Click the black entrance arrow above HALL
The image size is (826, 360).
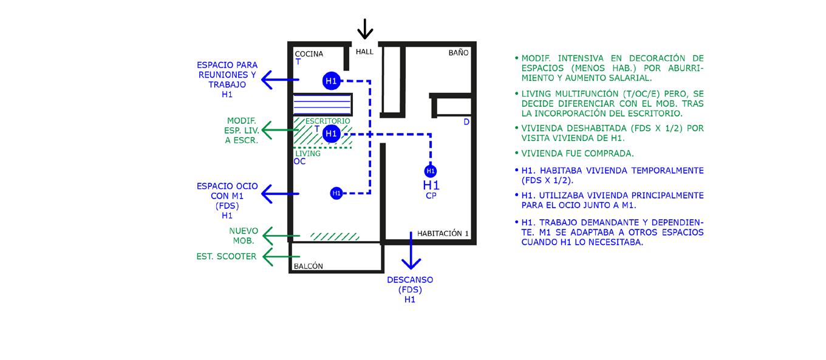[x=364, y=29]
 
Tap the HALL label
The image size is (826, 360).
[x=364, y=52]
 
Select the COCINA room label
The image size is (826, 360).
[x=309, y=54]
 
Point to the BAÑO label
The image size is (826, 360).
[x=459, y=53]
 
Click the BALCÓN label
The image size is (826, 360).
[x=309, y=266]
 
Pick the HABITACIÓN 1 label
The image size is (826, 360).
[x=443, y=233]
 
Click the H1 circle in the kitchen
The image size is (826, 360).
[x=331, y=81]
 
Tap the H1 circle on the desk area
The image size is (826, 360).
[x=331, y=134]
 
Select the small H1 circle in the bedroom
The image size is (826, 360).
[x=431, y=171]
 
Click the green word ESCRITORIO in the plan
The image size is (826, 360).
[x=327, y=121]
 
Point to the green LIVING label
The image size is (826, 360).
[x=308, y=154]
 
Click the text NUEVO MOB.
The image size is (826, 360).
[x=244, y=236]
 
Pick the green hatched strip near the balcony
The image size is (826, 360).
[x=335, y=236]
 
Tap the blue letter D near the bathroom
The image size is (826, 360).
[x=466, y=122]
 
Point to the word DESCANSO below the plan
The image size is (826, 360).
[x=410, y=280]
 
